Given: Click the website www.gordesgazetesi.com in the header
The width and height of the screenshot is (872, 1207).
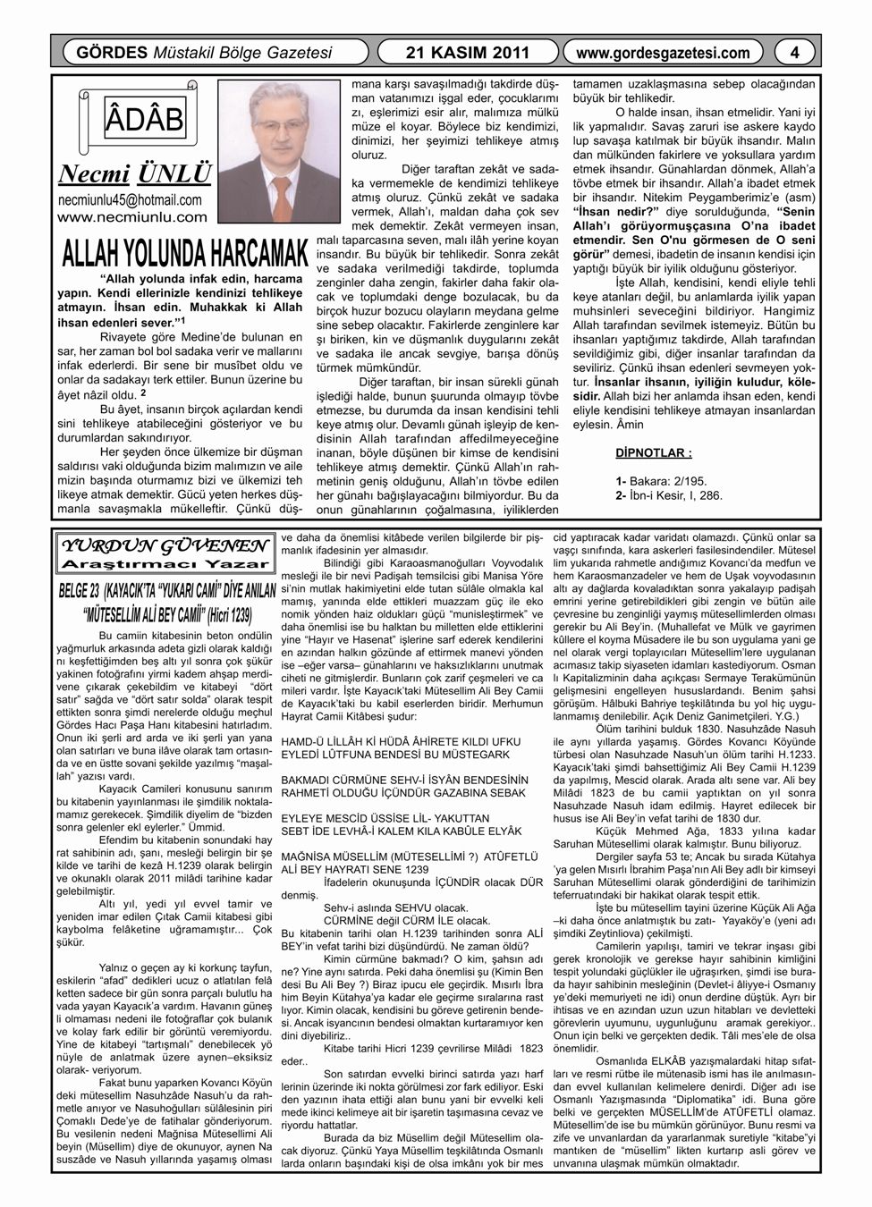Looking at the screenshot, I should coord(663,53).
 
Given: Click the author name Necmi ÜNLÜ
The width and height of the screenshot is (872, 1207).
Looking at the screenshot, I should coord(134,173).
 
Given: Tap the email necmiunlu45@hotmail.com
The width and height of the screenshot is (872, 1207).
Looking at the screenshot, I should coord(129,199).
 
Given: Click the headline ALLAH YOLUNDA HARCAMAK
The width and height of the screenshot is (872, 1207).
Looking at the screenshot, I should coord(180,253).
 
